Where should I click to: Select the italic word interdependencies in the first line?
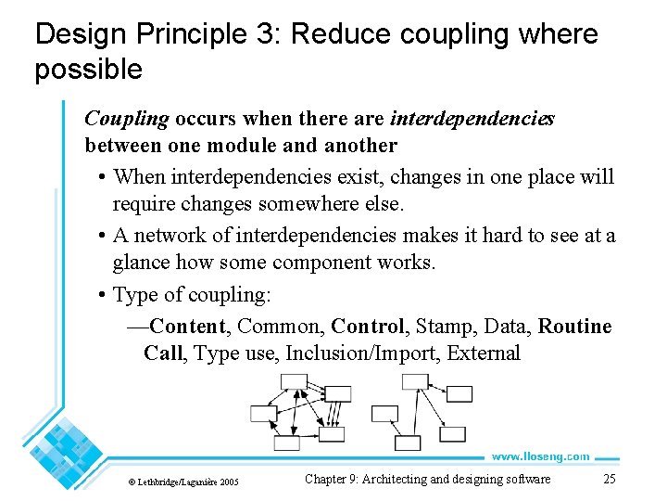(x=472, y=120)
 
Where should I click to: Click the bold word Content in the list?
(x=188, y=327)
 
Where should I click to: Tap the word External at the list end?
(x=484, y=353)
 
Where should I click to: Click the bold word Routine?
(x=574, y=327)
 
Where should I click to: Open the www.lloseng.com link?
(x=540, y=456)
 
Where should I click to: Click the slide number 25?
(x=609, y=480)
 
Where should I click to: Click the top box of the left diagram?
(x=294, y=381)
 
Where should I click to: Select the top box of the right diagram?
(x=415, y=381)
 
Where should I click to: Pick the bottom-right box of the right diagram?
(x=452, y=433)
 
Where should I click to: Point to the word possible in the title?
(x=89, y=69)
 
